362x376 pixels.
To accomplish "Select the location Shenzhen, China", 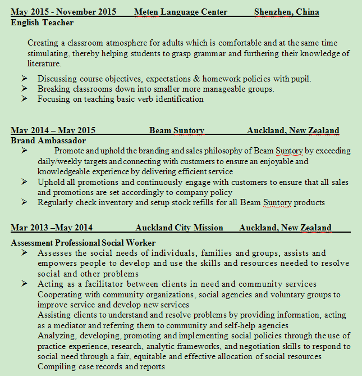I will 286,12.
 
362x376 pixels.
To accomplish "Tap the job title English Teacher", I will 42,22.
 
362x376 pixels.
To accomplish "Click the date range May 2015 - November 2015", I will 63,12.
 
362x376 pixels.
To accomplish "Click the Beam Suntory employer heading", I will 176,130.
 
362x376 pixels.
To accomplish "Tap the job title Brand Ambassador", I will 48,141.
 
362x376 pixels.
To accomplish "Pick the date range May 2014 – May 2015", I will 53,130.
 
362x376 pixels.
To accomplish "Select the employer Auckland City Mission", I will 179,228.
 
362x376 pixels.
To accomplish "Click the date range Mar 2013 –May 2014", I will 52,228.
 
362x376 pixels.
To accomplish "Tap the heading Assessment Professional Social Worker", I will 83,243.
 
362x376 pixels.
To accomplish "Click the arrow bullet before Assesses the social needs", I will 24,253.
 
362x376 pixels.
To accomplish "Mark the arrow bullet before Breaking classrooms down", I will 24,89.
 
